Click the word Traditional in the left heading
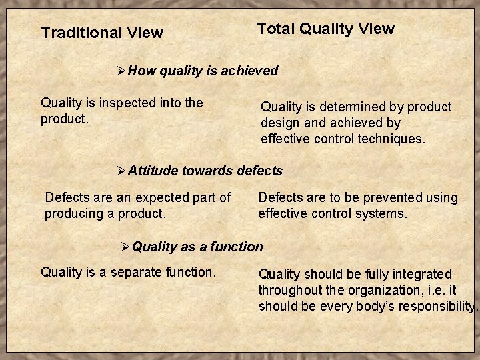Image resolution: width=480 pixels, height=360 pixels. point(75,33)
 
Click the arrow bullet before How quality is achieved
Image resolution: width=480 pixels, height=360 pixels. point(121,71)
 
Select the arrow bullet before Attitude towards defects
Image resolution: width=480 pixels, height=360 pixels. point(121,171)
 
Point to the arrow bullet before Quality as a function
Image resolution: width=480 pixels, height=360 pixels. point(125,247)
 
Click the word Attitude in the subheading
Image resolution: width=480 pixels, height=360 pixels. point(153,171)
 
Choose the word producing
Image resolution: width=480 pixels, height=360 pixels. point(73,213)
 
